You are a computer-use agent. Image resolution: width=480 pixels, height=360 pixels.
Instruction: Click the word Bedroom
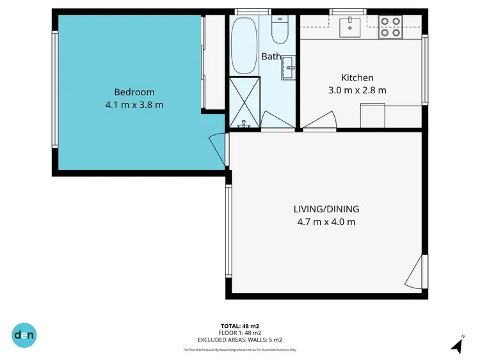(134, 92)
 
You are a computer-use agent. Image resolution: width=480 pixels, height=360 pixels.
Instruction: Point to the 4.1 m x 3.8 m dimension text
(134, 105)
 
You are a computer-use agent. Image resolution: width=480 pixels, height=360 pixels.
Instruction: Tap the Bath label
(271, 56)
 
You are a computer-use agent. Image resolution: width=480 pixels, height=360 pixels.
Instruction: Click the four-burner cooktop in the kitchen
(390, 26)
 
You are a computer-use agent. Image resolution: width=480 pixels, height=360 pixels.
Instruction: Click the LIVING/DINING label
(326, 209)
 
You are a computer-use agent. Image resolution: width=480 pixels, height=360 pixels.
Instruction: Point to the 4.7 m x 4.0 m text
(326, 222)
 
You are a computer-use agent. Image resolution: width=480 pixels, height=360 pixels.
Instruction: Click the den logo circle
(25, 335)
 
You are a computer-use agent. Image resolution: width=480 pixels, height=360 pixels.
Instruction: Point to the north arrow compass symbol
(457, 345)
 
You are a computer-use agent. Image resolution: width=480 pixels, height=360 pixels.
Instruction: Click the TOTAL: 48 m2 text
(240, 325)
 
